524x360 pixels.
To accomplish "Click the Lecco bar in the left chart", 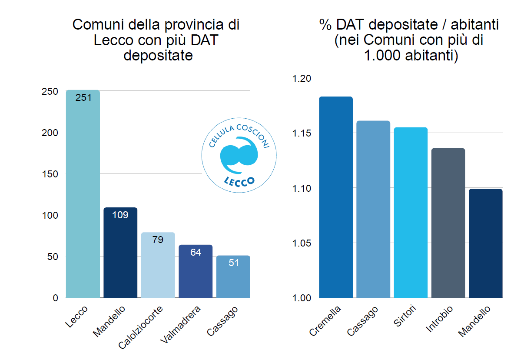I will (83, 196).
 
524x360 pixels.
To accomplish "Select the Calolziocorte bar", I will (158, 265).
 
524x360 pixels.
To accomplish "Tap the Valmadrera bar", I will (196, 272).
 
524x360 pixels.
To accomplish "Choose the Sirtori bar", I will (411, 213).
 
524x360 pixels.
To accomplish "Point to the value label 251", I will (83, 97).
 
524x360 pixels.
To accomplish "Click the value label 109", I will (120, 215).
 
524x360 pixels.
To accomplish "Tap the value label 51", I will (233, 263).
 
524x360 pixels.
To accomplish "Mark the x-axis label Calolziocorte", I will (142, 328).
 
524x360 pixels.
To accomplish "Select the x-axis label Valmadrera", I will (181, 325).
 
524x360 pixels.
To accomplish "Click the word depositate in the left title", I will (158, 55).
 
